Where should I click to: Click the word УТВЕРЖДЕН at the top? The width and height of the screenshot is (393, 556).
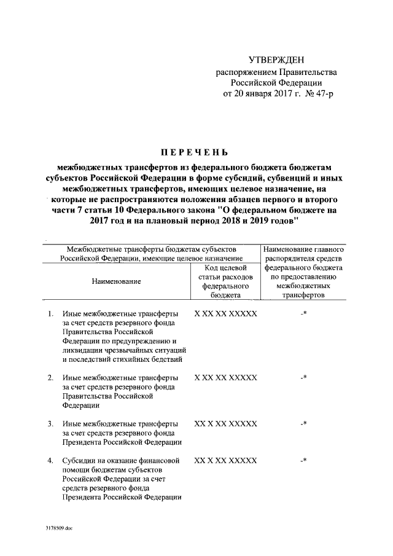click(275, 59)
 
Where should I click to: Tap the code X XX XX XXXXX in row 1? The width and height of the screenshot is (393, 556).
click(225, 314)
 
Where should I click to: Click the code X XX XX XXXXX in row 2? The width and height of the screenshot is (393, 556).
click(225, 377)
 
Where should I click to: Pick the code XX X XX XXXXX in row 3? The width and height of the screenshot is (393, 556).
click(225, 423)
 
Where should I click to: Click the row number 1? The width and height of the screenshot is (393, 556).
click(50, 314)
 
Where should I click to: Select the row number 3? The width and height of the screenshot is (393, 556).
click(50, 423)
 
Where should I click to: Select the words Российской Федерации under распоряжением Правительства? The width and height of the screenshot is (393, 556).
click(276, 83)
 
